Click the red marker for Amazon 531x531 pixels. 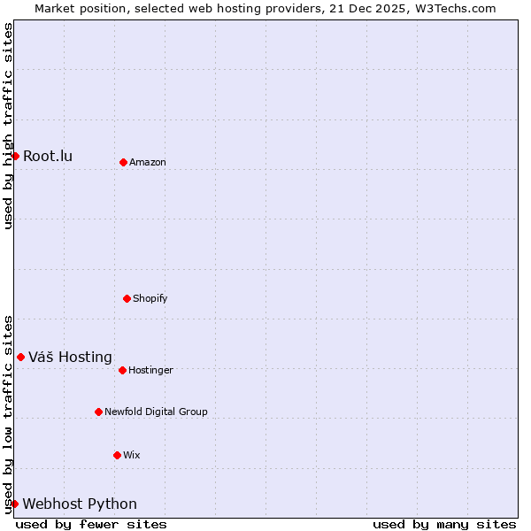click(123, 162)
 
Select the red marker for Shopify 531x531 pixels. click(127, 298)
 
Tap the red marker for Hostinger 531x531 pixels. click(122, 370)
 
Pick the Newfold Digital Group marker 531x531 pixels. click(98, 412)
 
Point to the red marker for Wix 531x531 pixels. click(117, 455)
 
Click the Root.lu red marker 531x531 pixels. click(15, 156)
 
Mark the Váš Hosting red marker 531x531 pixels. click(20, 357)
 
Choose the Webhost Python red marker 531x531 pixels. click(14, 504)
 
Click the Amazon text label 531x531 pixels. click(148, 162)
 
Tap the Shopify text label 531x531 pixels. click(150, 298)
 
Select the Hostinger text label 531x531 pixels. click(150, 370)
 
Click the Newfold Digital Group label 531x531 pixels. click(156, 412)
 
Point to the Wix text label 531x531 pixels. click(132, 455)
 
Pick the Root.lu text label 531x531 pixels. click(48, 157)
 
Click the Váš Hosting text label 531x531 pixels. click(70, 358)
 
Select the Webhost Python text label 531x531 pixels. click(80, 504)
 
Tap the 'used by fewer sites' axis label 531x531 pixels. click(91, 524)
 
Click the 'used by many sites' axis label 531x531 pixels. click(444, 524)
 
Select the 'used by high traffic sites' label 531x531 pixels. click(8, 126)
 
